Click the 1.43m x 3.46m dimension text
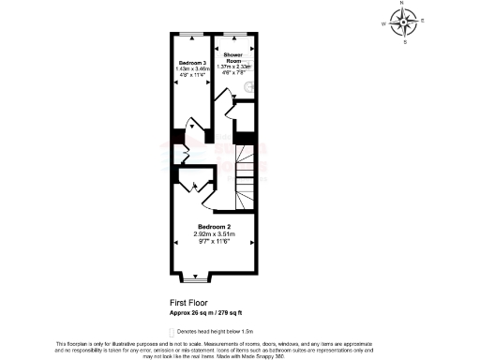191,68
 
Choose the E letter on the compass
423,20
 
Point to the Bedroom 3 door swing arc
191,125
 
